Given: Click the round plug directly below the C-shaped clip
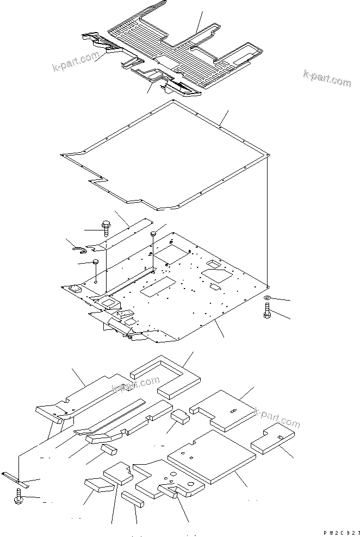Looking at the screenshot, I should [x=96, y=263].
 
